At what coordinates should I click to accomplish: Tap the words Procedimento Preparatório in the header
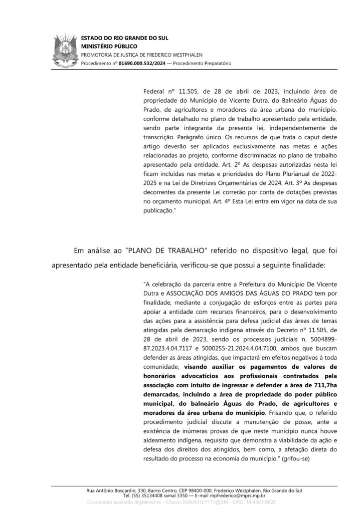(202, 64)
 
